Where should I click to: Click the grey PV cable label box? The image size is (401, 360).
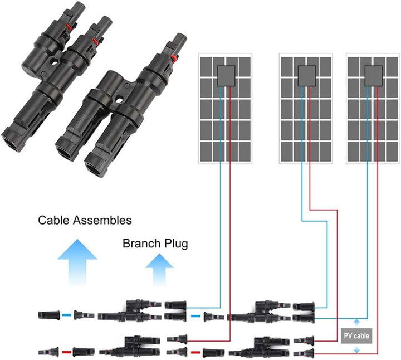click(x=356, y=336)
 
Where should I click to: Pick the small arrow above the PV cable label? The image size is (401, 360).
click(x=356, y=323)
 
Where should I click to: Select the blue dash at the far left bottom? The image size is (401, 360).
click(x=66, y=315)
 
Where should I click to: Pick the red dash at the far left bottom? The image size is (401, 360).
click(x=66, y=352)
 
